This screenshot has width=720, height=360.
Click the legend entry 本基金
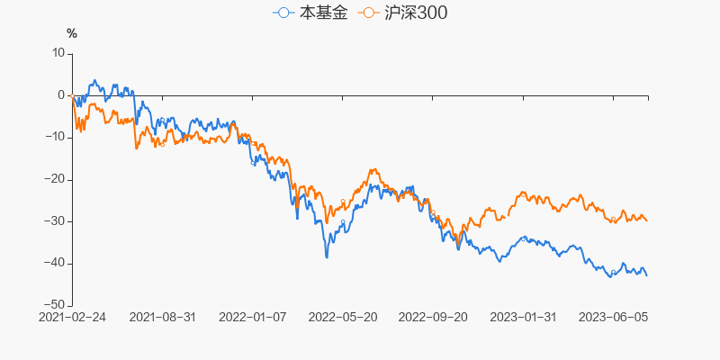pyautogui.click(x=310, y=13)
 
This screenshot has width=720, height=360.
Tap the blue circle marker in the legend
pyautogui.click(x=284, y=13)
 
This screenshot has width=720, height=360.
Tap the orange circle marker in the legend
pyautogui.click(x=368, y=13)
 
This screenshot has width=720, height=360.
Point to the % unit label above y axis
pyautogui.click(x=72, y=34)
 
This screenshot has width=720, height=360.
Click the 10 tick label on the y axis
pyautogui.click(x=58, y=53)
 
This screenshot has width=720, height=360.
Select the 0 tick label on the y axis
pyautogui.click(x=61, y=95)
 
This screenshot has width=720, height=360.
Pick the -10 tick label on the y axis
pyautogui.click(x=55, y=137)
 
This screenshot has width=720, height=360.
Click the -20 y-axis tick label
pyautogui.click(x=55, y=179)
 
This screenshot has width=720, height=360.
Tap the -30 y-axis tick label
pyautogui.click(x=55, y=221)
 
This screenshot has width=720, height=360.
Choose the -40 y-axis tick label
pyautogui.click(x=55, y=263)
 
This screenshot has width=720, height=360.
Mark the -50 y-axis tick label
pyautogui.click(x=55, y=305)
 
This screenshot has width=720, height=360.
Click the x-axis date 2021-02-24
pyautogui.click(x=72, y=317)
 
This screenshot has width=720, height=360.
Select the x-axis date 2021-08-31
pyautogui.click(x=163, y=317)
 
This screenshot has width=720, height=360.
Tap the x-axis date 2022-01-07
pyautogui.click(x=253, y=317)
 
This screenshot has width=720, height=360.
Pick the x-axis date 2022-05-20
pyautogui.click(x=343, y=317)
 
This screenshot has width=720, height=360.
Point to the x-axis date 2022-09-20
pyautogui.click(x=433, y=317)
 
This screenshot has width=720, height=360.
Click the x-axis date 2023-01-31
pyautogui.click(x=523, y=317)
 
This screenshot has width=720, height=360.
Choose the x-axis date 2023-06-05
pyautogui.click(x=613, y=317)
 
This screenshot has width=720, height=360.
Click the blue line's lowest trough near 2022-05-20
pyautogui.click(x=327, y=257)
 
